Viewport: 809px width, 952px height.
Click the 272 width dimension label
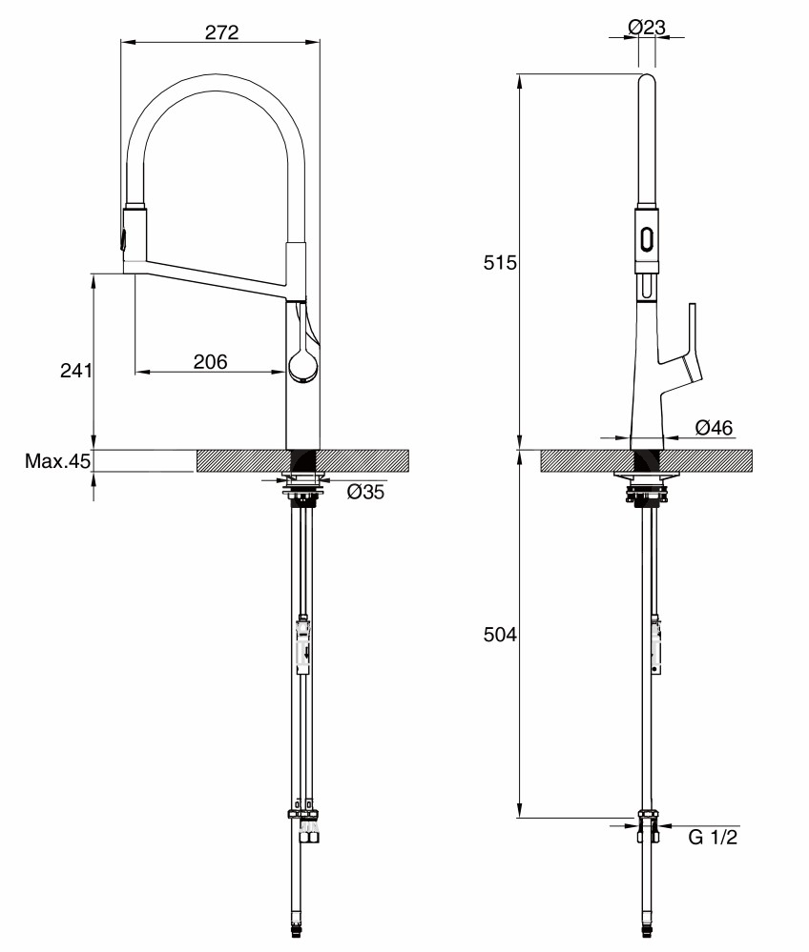222,31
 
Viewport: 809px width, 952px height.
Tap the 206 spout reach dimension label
210,361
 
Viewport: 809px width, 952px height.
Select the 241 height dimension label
76,370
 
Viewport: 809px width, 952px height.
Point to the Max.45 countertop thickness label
57,461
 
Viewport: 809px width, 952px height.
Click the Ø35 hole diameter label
365,491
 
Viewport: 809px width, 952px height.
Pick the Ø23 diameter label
647,27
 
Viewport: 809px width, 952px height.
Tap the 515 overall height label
500,262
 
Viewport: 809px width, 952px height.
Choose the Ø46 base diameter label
714,427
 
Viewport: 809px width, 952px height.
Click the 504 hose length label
500,635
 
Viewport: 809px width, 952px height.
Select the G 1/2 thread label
713,838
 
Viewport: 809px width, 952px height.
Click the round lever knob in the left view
302,367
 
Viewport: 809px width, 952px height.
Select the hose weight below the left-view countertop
302,645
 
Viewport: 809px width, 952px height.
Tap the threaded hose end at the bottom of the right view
647,942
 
